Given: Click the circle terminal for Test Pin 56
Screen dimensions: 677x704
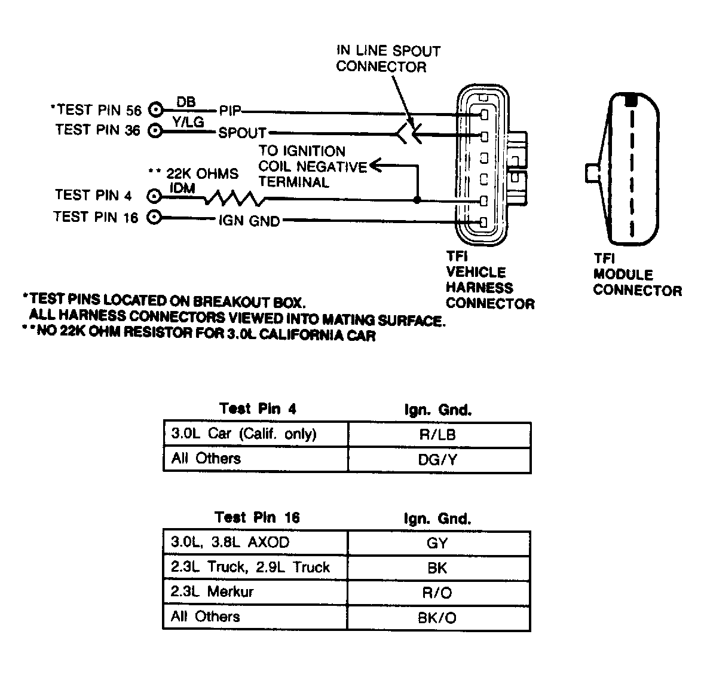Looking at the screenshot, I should click(x=156, y=110).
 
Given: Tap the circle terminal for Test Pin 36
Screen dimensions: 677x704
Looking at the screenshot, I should click(x=156, y=130).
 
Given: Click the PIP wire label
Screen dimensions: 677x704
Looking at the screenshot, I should click(x=230, y=111).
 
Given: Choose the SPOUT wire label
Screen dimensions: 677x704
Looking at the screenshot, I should click(x=243, y=133).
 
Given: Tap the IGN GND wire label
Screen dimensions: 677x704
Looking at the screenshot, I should click(x=249, y=221).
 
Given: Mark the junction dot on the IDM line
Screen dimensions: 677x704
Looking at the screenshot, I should click(x=417, y=199).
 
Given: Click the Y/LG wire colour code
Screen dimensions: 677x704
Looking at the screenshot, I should click(x=188, y=122).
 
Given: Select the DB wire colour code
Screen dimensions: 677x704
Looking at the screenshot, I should click(x=186, y=102).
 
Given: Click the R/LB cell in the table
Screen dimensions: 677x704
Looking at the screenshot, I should click(x=438, y=435).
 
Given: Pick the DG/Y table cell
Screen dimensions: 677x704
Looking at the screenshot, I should click(x=438, y=460).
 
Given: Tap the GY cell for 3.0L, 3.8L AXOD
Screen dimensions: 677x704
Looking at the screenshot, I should click(x=438, y=544).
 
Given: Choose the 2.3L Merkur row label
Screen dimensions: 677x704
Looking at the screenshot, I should click(x=212, y=592).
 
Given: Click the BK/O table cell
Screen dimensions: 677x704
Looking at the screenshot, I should click(x=438, y=618).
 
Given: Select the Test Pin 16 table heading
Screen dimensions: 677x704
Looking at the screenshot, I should click(x=257, y=517).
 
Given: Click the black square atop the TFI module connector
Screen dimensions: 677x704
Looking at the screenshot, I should click(x=630, y=100).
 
